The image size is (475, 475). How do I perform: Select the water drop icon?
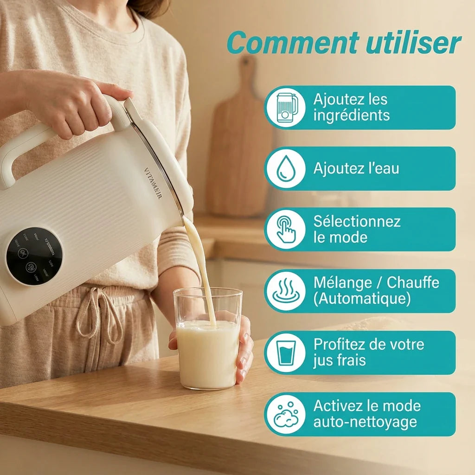(x=285, y=168)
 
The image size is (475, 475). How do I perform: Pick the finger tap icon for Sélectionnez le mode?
(x=285, y=229)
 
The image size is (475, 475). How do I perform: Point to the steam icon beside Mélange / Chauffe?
(x=285, y=291)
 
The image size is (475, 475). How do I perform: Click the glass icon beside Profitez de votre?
(x=285, y=353)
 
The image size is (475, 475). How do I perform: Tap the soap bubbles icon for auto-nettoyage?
(x=285, y=414)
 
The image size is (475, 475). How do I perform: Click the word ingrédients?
(x=351, y=116)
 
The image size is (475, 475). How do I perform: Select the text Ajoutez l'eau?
(x=356, y=168)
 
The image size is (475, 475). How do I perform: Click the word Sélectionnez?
(x=357, y=221)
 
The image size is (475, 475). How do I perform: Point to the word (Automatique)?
(x=362, y=299)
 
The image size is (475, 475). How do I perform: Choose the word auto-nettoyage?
(x=365, y=422)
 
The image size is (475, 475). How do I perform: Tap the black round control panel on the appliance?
(x=34, y=256)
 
